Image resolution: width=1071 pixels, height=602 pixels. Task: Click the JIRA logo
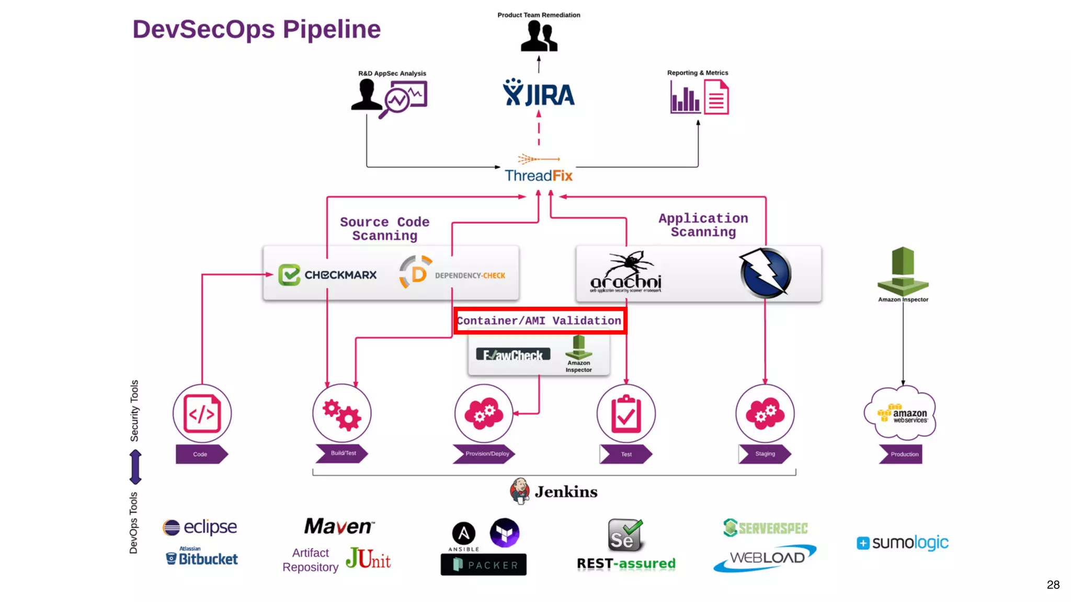click(539, 93)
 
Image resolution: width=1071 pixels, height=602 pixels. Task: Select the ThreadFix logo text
click(539, 176)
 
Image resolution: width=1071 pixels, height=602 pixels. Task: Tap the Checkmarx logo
click(327, 275)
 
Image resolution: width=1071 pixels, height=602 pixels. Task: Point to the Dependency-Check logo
click(453, 272)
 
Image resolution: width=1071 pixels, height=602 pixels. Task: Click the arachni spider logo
click(626, 272)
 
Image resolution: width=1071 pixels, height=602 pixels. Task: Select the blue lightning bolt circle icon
click(765, 273)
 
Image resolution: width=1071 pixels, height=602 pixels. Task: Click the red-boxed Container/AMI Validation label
click(539, 320)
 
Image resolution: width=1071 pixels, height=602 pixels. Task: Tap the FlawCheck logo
click(513, 355)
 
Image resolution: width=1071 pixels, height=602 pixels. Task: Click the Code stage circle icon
click(202, 413)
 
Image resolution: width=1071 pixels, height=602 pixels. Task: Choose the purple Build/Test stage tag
click(343, 453)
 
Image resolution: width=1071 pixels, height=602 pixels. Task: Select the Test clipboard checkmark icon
click(626, 413)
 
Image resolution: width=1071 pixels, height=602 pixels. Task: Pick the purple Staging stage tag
click(765, 454)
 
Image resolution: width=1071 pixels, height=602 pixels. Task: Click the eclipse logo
click(200, 527)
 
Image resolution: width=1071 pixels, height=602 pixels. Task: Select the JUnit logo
click(368, 559)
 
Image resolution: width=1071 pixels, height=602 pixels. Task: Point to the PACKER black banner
click(483, 565)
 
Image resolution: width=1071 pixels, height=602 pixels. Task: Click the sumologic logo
click(902, 542)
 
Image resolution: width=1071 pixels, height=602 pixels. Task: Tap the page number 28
click(1053, 584)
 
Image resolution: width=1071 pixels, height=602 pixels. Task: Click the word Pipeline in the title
click(332, 29)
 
